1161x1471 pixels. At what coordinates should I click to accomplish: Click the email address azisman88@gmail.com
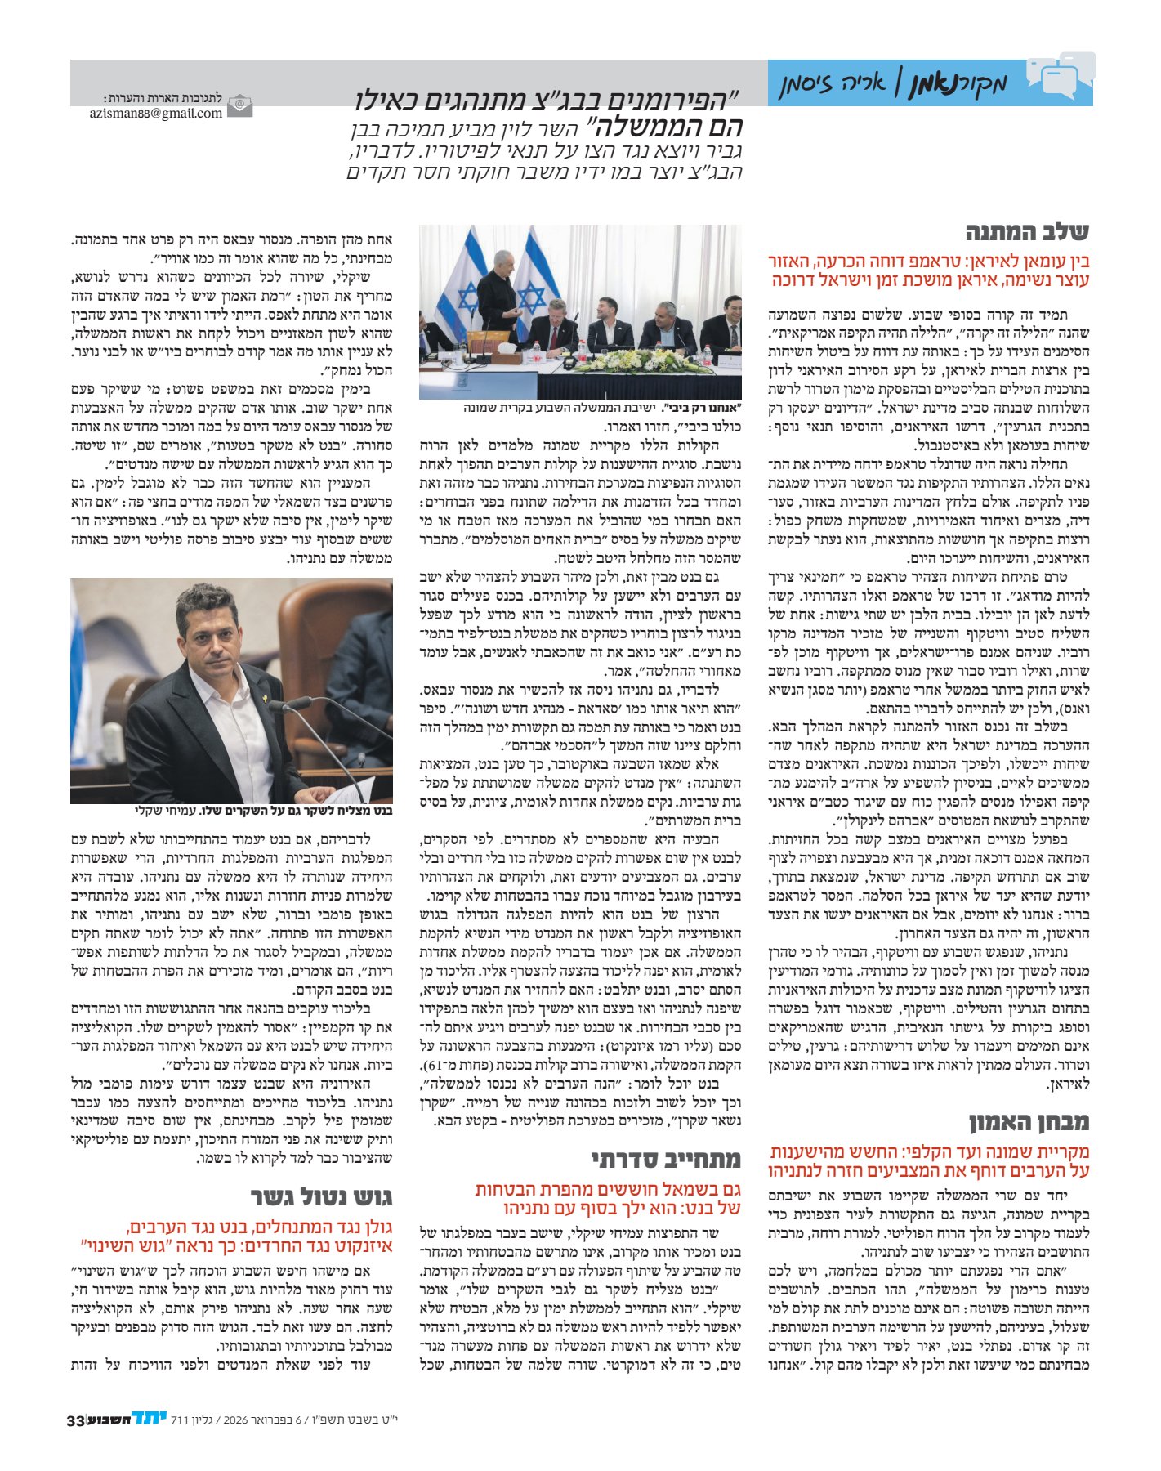pos(156,114)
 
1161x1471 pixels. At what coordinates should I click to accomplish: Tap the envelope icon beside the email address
pos(239,107)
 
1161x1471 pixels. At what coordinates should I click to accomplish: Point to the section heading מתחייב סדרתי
pos(666,1158)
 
